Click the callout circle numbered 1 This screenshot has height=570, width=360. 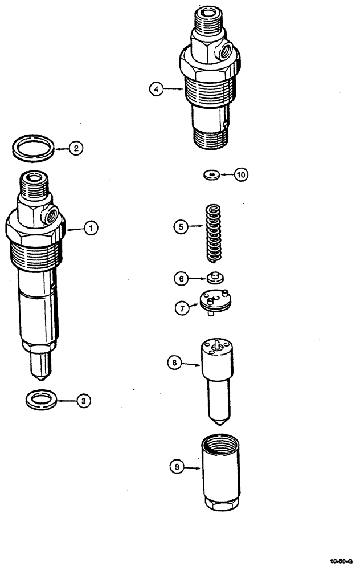click(x=89, y=228)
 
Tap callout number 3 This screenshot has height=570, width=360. click(x=84, y=401)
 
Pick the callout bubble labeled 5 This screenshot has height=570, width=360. click(x=181, y=226)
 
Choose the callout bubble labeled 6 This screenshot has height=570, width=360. click(x=181, y=278)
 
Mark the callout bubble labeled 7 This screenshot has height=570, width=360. click(x=181, y=307)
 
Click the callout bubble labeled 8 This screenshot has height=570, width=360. click(x=174, y=361)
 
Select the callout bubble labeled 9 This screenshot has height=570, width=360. click(x=177, y=467)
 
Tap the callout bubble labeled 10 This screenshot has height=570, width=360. click(x=241, y=174)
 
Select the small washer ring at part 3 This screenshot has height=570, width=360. click(x=41, y=398)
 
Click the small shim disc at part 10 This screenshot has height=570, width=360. click(x=212, y=174)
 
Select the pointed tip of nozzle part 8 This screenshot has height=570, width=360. click(x=220, y=425)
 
